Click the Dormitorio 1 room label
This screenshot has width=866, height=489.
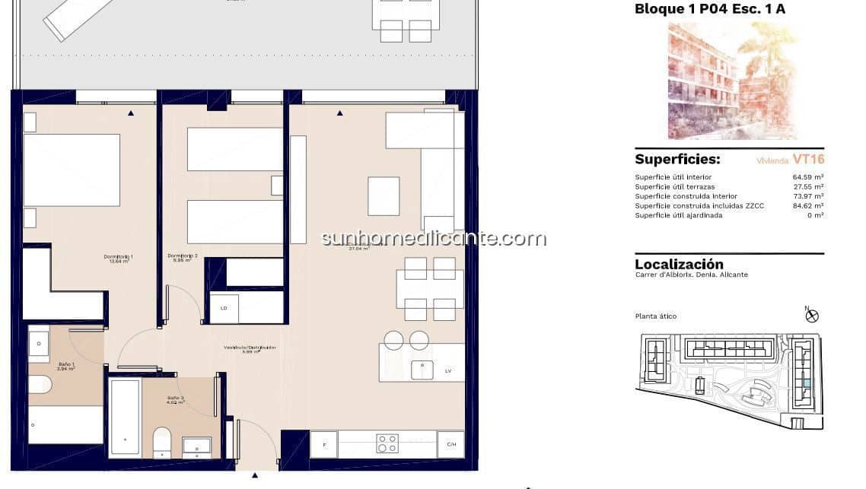tap(118, 257)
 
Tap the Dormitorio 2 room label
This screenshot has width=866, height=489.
tap(183, 256)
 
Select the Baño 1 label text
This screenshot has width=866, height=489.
tap(66, 365)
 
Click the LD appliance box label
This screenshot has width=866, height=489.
tap(224, 308)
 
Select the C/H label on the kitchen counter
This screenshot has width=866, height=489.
tap(451, 444)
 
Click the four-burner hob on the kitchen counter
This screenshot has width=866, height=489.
tap(387, 443)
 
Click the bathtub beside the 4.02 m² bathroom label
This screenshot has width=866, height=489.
tap(124, 418)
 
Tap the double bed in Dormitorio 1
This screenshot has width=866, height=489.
tap(72, 170)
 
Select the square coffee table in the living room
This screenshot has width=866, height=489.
tap(384, 195)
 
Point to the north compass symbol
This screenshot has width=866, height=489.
tap(811, 315)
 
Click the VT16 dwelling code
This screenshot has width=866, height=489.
tap(807, 160)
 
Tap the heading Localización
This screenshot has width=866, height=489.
tap(679, 264)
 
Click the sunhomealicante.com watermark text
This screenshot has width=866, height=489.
tap(433, 238)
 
